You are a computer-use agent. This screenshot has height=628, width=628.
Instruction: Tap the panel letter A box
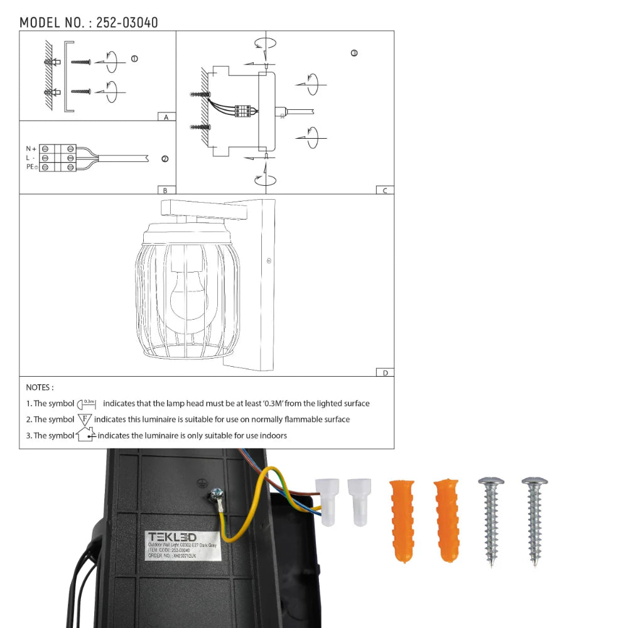pyautogui.click(x=166, y=117)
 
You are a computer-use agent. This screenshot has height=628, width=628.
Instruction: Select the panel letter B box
pyautogui.click(x=166, y=190)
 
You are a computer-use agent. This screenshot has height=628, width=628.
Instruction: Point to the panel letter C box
pyautogui.click(x=384, y=190)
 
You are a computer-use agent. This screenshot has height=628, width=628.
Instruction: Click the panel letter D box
pyautogui.click(x=384, y=372)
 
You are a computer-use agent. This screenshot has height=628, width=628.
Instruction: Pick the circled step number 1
pyautogui.click(x=134, y=58)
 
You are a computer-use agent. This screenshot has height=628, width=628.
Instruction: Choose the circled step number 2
pyautogui.click(x=165, y=159)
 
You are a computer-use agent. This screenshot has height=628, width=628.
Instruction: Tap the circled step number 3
pyautogui.click(x=354, y=53)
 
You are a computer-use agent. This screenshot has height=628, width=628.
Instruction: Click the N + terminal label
pyautogui.click(x=31, y=148)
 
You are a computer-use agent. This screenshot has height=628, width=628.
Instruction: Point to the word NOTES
pyautogui.click(x=40, y=387)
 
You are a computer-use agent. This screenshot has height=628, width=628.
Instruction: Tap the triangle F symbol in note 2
pyautogui.click(x=85, y=419)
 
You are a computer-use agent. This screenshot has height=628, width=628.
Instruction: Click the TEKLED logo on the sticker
pyautogui.click(x=172, y=537)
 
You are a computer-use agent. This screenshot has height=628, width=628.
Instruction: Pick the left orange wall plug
pyautogui.click(x=401, y=521)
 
